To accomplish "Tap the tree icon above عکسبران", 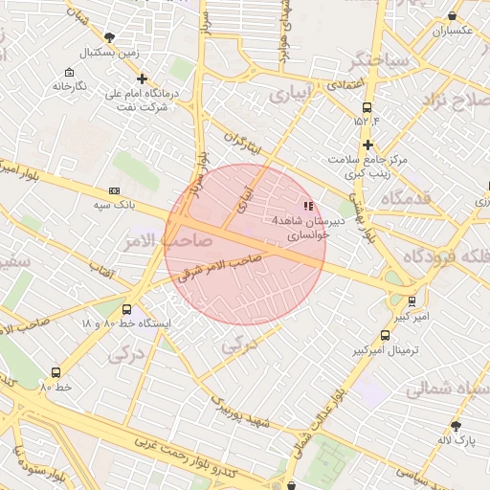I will [453, 16].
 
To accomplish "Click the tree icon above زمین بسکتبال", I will [109, 38].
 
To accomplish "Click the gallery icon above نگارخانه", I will [68, 73].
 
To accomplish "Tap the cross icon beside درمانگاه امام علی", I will [143, 79].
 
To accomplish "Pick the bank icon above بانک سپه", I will [115, 191].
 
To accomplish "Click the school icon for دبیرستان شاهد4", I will [307, 206].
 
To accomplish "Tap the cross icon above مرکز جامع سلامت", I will [367, 145].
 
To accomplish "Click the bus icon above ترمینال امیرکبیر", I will [386, 336].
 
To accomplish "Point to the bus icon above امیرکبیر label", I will [412, 301].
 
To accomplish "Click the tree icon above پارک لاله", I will [456, 426].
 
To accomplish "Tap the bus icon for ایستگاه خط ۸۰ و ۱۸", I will [127, 309].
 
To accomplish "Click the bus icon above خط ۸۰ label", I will [56, 373].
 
